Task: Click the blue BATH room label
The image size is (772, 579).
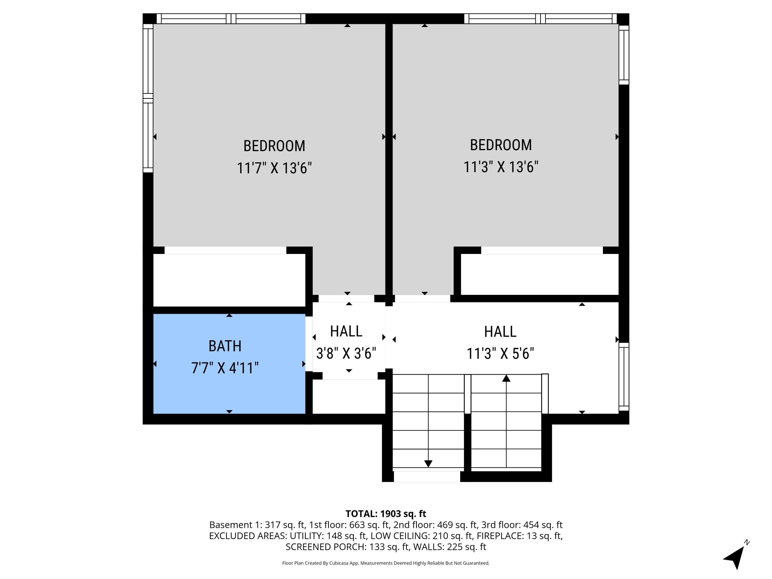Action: [x=225, y=346]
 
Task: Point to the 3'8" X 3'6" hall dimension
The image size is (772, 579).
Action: [x=346, y=353]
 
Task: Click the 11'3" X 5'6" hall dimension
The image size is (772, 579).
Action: [x=500, y=353]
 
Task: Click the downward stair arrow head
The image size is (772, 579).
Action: [x=428, y=463]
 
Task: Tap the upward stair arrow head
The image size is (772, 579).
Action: [x=506, y=378]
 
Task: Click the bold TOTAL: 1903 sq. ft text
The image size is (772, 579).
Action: [x=386, y=514]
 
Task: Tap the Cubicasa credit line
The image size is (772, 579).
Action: [x=386, y=563]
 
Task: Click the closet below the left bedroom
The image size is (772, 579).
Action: [x=229, y=280]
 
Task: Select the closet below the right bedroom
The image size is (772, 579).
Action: [x=540, y=274]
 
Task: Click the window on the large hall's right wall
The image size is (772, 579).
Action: [x=624, y=376]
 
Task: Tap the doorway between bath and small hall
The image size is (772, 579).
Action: [x=309, y=344]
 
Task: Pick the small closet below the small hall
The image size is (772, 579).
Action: [x=348, y=397]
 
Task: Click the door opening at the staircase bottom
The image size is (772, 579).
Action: [x=427, y=477]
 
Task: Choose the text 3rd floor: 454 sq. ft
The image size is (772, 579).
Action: [x=522, y=525]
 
